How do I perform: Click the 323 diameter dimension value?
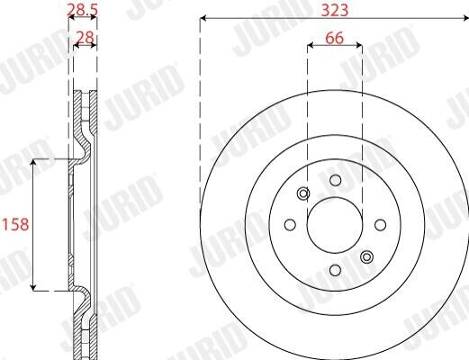click(335, 10)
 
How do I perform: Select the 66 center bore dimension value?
click(335, 38)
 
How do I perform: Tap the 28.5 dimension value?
click(82, 10)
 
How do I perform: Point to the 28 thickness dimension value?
click(86, 38)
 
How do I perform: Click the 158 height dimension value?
click(15, 224)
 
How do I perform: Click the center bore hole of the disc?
click(335, 225)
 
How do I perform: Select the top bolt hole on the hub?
click(335, 180)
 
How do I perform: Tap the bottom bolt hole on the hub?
click(335, 270)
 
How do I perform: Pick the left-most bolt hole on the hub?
click(290, 225)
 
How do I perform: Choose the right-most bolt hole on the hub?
click(381, 225)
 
